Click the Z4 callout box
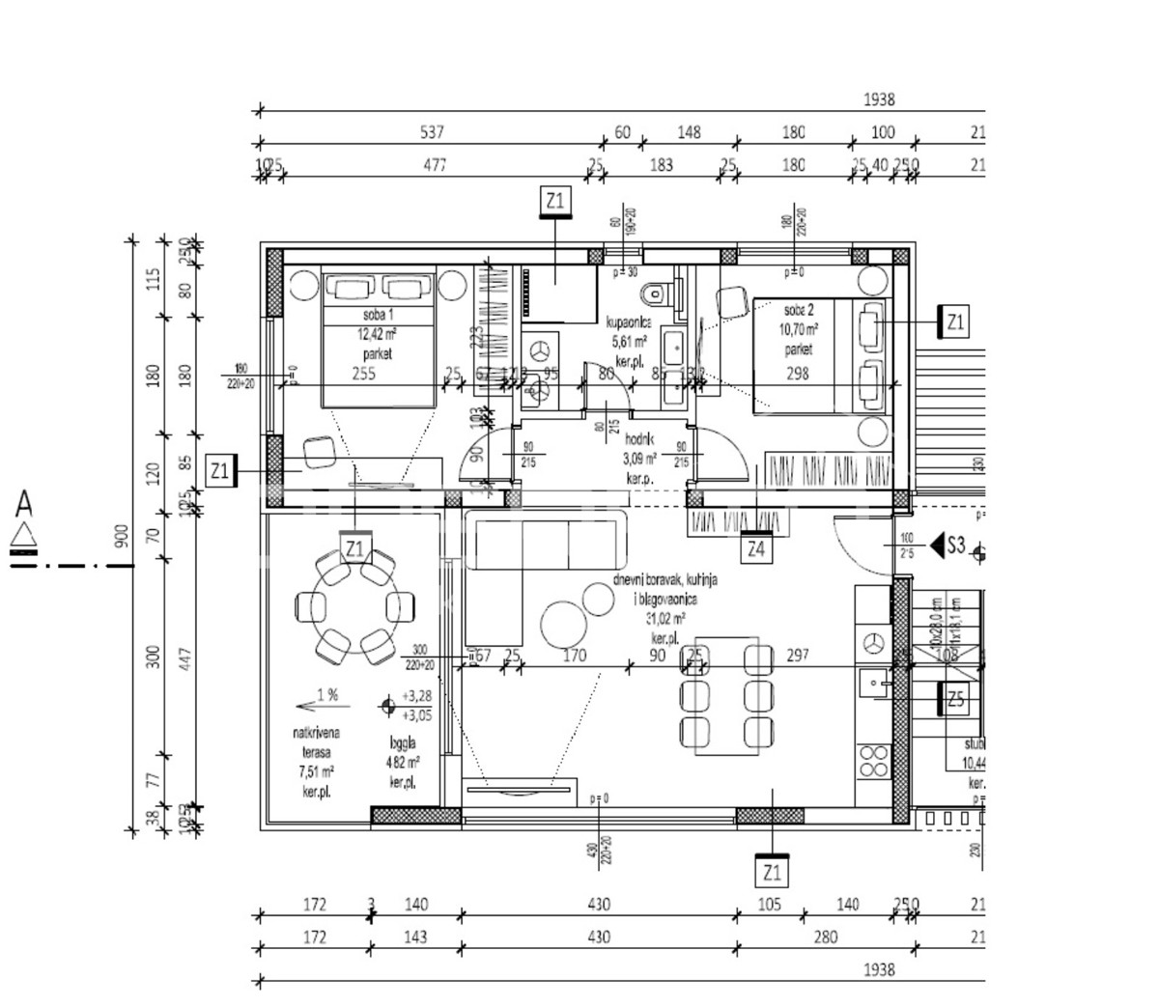click(x=757, y=549)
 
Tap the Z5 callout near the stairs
click(x=955, y=700)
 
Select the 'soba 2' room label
click(x=800, y=310)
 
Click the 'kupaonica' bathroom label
click(x=629, y=322)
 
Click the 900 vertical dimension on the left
click(x=122, y=537)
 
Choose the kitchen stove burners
click(x=874, y=760)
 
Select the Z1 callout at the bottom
click(x=771, y=875)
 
